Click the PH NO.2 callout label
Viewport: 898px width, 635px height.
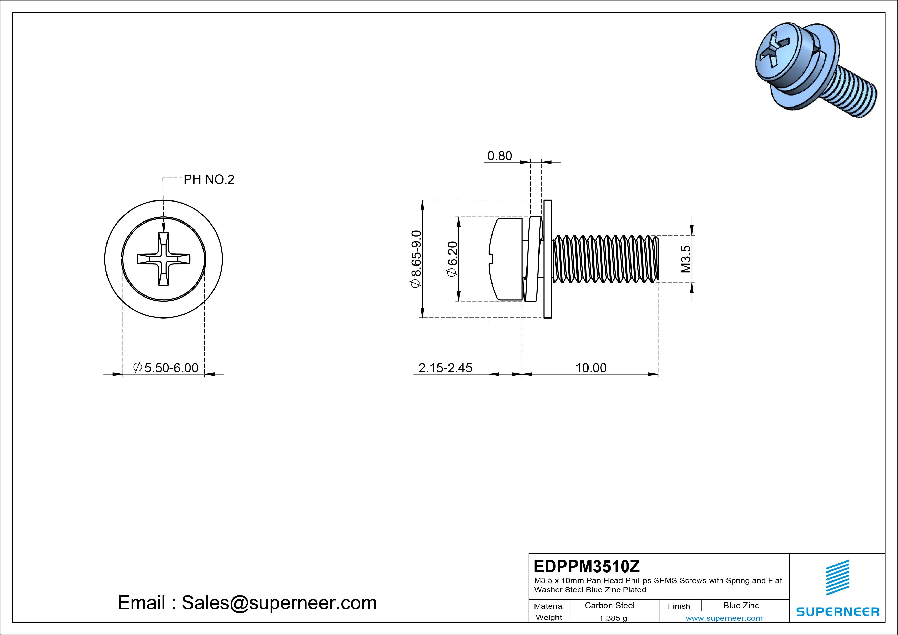coord(209,179)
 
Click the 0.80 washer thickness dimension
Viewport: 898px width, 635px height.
coord(499,156)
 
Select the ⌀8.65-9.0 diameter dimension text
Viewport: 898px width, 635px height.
coord(416,259)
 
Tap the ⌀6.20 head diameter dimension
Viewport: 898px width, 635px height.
coord(452,259)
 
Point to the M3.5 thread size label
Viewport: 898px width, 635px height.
coord(686,259)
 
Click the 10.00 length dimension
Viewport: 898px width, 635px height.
coord(591,368)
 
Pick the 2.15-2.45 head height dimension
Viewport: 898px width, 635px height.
coord(445,368)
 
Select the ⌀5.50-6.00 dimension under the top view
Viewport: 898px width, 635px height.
coord(166,368)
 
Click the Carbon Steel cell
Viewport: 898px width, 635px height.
coord(609,605)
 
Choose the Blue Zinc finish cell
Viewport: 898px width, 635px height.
coord(741,605)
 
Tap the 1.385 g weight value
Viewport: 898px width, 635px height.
coord(613,618)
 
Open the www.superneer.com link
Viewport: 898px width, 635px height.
coord(724,618)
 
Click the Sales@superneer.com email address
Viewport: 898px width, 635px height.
coord(279,602)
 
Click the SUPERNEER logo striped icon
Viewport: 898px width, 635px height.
coord(837,577)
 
